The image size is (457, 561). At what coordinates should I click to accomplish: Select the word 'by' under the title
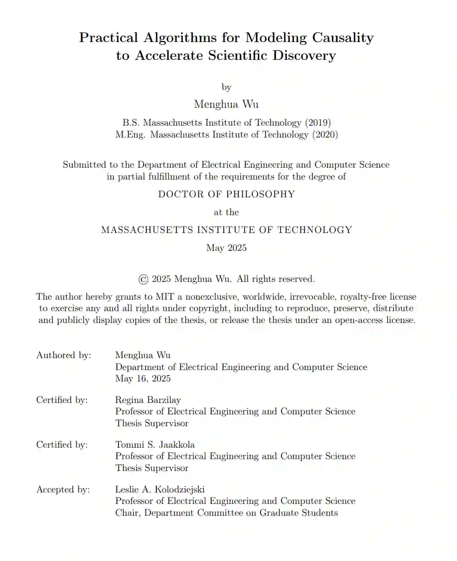pos(226,87)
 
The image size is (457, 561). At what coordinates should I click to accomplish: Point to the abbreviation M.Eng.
pos(131,135)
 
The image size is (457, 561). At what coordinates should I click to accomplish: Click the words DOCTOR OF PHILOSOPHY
pos(226,194)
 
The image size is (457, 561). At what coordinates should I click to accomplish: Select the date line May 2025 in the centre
pos(226,248)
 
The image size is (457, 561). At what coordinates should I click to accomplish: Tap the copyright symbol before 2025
pos(143,279)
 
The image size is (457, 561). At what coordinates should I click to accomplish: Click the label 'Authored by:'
pos(64,355)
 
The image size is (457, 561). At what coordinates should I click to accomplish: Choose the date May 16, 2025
pos(143,379)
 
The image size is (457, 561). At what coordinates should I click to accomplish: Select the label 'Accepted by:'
pos(63,489)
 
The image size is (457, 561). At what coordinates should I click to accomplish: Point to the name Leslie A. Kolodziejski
pos(160,489)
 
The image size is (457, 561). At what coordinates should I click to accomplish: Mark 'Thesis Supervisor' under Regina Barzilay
pos(151,423)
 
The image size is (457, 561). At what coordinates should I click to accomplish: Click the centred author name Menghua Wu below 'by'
pos(226,104)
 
